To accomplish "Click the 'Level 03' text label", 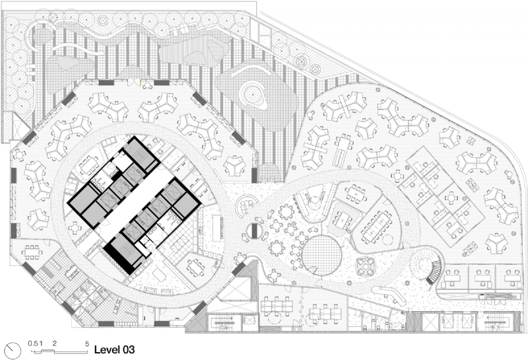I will [114, 349].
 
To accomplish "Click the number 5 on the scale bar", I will [87, 343].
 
